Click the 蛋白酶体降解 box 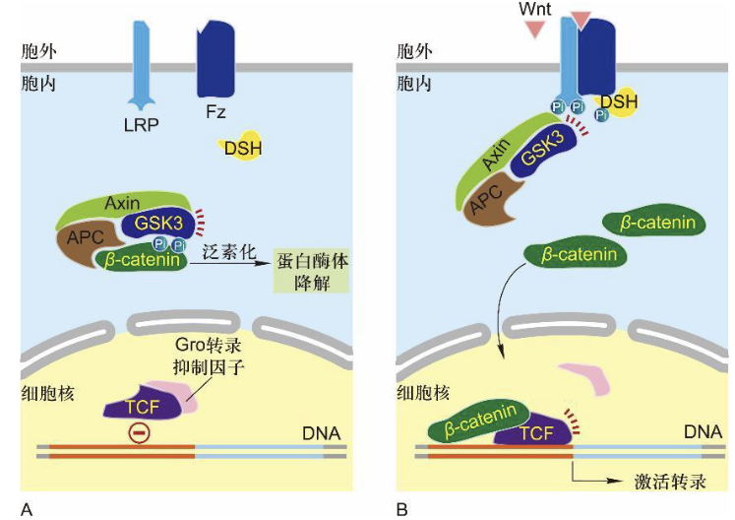[312, 272]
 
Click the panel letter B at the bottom [401, 508]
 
